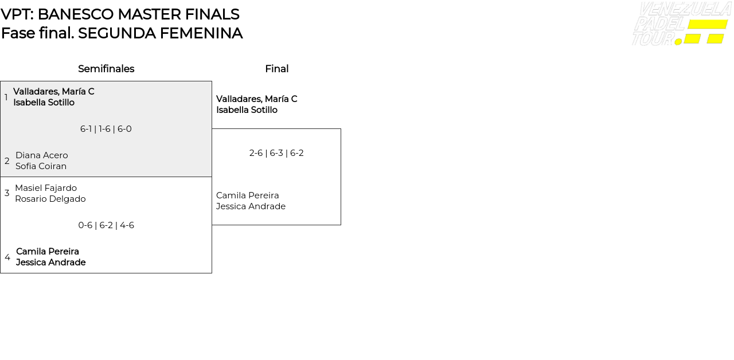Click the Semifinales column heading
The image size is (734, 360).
106,69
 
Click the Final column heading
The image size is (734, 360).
276,69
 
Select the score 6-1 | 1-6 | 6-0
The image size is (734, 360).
106,129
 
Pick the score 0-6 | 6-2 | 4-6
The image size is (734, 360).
106,225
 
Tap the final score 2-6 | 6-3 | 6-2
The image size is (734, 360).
276,153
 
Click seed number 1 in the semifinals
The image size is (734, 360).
6,97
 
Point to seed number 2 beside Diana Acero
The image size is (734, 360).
7,161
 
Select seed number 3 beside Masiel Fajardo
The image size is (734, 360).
7,193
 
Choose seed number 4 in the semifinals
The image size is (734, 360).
7,257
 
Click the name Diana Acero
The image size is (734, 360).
42,155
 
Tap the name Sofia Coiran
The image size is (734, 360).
41,166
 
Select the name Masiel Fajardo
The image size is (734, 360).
46,188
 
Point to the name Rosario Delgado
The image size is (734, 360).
50,199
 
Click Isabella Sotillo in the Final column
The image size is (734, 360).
247,110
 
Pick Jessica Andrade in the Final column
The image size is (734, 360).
251,206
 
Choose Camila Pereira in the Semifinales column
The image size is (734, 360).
48,252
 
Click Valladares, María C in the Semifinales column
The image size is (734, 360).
54,92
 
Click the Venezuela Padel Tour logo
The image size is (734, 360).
681,24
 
